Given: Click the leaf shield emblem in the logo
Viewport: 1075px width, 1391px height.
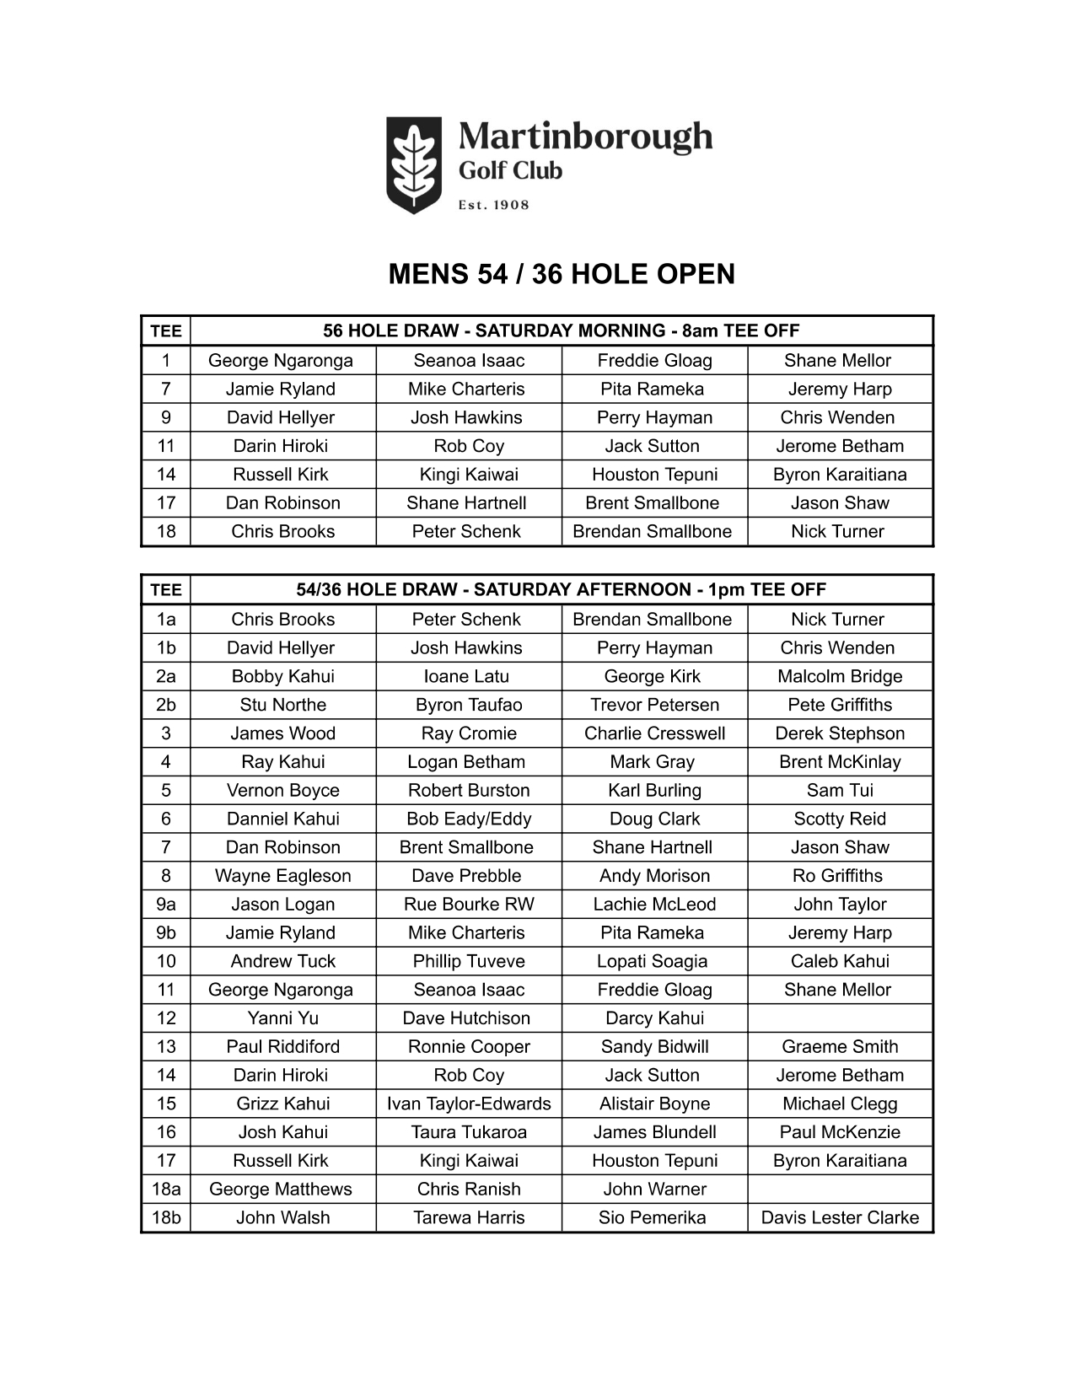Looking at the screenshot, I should click(413, 164).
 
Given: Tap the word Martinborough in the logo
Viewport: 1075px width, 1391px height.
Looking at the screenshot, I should click(585, 137).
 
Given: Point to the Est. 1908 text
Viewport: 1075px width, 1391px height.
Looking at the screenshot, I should click(493, 205).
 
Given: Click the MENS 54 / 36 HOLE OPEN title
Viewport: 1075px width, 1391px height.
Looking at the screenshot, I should click(562, 274).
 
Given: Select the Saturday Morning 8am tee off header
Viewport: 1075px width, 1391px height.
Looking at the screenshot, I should click(562, 330).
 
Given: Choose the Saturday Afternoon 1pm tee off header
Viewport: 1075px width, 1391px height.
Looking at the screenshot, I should click(562, 589).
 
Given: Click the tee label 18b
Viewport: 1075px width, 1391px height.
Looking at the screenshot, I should click(166, 1217).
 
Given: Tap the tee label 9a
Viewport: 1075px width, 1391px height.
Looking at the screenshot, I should click(166, 904).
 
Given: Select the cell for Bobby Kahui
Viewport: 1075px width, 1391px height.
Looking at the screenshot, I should click(283, 676).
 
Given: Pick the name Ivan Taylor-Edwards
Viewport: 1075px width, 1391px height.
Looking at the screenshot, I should click(469, 1104).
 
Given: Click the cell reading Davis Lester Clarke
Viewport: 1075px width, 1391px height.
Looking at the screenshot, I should click(840, 1217).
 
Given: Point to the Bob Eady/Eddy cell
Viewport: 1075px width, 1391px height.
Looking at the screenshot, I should click(469, 819).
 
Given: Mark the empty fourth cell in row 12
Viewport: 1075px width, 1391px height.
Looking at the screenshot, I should click(840, 1018).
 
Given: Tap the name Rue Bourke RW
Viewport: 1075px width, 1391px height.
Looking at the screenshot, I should click(469, 904).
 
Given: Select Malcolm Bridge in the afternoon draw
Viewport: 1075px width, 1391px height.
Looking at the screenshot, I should click(840, 676).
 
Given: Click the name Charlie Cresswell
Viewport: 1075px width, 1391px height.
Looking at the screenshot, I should click(654, 733).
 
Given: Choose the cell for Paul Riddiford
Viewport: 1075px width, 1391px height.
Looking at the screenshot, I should click(283, 1046).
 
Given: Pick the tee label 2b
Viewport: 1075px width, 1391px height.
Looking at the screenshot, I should click(166, 705).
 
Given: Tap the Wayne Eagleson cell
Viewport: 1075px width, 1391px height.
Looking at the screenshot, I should click(283, 876).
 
